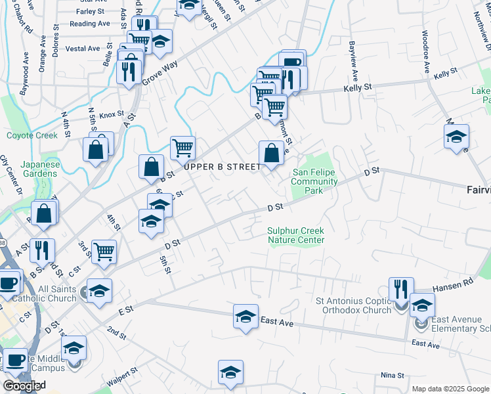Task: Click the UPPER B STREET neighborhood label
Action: point(223,167)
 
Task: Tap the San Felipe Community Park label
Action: point(314,182)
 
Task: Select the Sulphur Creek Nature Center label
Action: point(295,235)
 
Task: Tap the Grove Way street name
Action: point(160,72)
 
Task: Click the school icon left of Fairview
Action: point(456,137)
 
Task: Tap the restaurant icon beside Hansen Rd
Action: point(400,289)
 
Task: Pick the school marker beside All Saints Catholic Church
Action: point(98,291)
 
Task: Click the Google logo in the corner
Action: point(23,386)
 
